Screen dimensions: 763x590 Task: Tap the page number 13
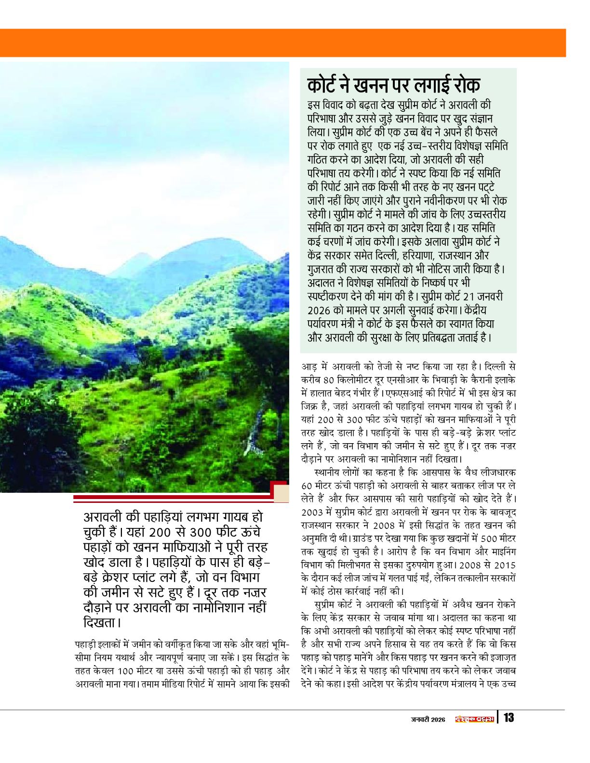(x=509, y=718)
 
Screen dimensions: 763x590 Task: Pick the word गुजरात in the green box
(x=323, y=269)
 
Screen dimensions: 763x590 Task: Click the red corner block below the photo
(x=280, y=489)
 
